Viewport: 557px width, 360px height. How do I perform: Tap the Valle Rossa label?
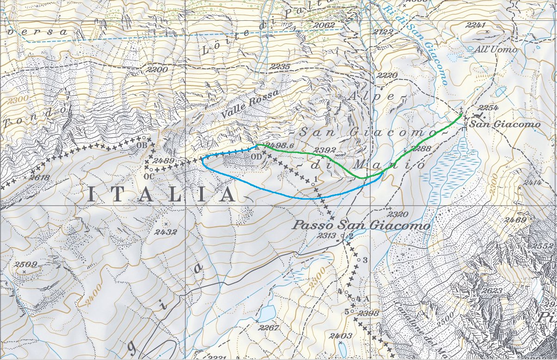251,104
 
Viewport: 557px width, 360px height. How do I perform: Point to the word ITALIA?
162,195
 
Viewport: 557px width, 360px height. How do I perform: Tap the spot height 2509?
25,265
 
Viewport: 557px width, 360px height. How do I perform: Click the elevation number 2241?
477,26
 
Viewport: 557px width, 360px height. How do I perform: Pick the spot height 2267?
269,328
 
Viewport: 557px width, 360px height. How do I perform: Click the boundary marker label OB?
141,145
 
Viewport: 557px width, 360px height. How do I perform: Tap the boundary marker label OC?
149,176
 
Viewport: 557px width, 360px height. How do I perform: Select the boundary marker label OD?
256,156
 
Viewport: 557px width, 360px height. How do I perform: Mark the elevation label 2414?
532,183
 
